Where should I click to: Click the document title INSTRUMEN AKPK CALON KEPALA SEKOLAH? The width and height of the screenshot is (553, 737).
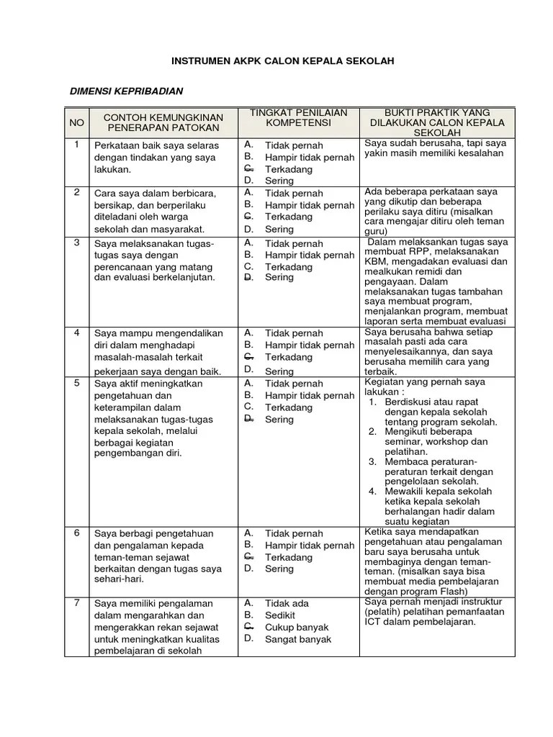tap(283, 62)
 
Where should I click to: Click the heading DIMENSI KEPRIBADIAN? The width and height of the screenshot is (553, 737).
tap(126, 91)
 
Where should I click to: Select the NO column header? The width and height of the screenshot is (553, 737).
tap(77, 122)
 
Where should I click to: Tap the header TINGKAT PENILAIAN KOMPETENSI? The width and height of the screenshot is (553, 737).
tap(298, 118)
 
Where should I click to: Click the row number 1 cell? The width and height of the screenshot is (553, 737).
tap(76, 145)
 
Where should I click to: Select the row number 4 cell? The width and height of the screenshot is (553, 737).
tap(76, 333)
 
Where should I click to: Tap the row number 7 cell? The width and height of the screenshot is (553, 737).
tap(76, 602)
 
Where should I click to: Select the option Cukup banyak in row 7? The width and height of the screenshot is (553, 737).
tap(297, 627)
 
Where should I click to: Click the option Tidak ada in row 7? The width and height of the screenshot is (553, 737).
tap(287, 603)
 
